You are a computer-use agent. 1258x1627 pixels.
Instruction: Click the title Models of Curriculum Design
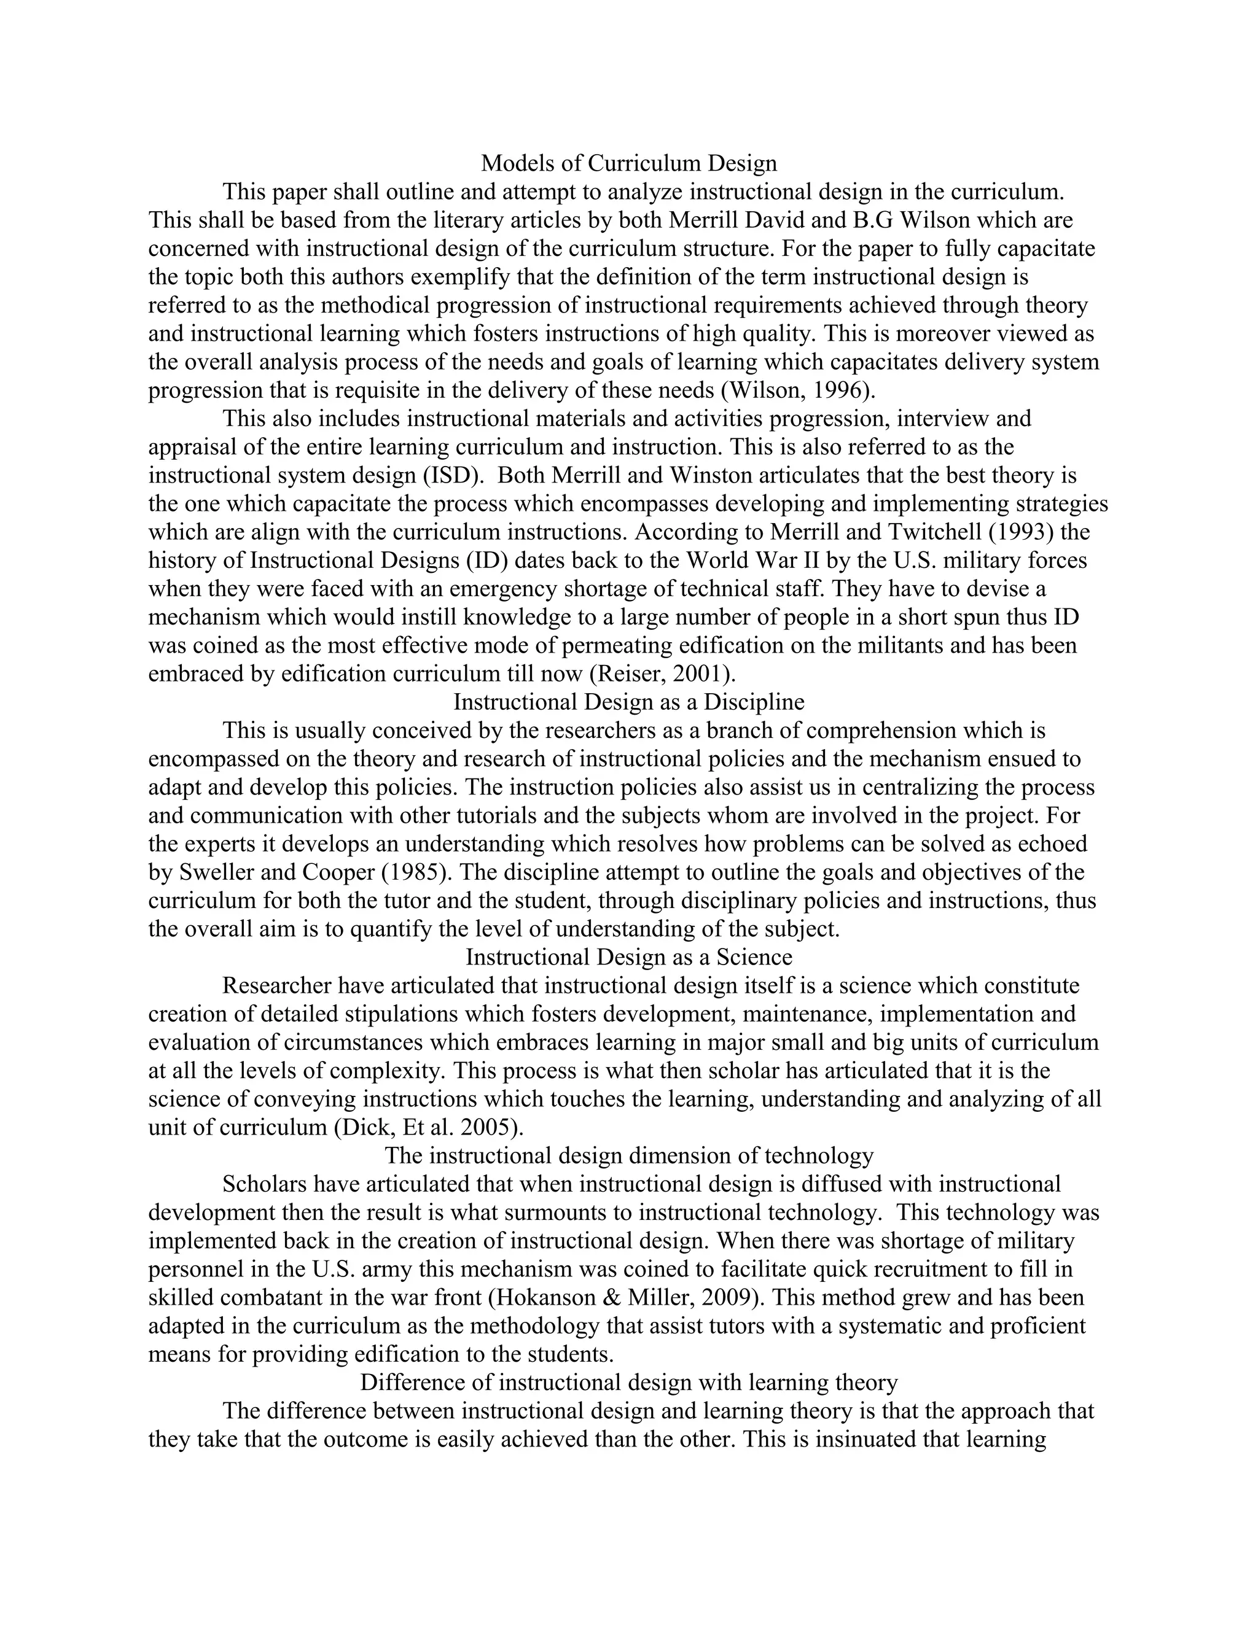pyautogui.click(x=628, y=163)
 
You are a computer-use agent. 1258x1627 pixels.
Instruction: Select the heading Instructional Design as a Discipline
pyautogui.click(x=628, y=702)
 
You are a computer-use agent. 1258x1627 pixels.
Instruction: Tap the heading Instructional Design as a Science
pyautogui.click(x=628, y=957)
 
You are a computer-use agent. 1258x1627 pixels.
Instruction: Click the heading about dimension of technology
pyautogui.click(x=628, y=1155)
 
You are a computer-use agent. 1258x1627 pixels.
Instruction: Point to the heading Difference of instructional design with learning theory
pyautogui.click(x=628, y=1382)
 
